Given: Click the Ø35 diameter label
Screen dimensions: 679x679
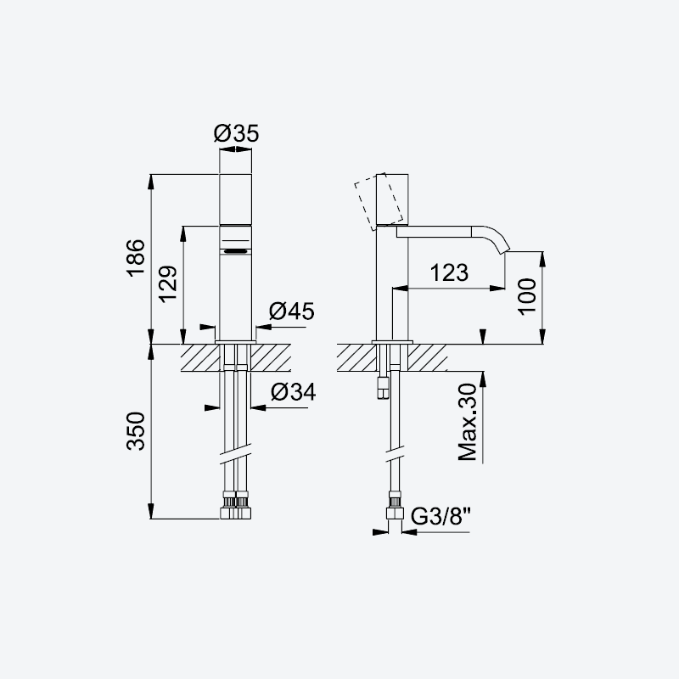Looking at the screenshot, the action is coord(236,133).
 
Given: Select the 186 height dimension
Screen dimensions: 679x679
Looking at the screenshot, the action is coord(136,257).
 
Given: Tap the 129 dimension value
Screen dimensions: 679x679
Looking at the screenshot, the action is coord(167,283).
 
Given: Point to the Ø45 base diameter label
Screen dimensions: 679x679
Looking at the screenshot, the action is coord(291,311).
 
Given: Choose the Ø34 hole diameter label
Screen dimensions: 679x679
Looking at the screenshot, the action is coord(293,392).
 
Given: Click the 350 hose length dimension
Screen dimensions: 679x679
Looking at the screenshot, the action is coord(136,431).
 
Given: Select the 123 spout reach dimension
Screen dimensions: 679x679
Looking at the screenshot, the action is coord(449,272).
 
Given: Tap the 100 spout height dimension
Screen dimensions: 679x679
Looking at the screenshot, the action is coord(527,296).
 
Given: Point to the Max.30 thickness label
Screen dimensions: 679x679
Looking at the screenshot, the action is coord(468,422).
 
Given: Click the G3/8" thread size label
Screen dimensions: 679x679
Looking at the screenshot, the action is coord(441,516).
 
